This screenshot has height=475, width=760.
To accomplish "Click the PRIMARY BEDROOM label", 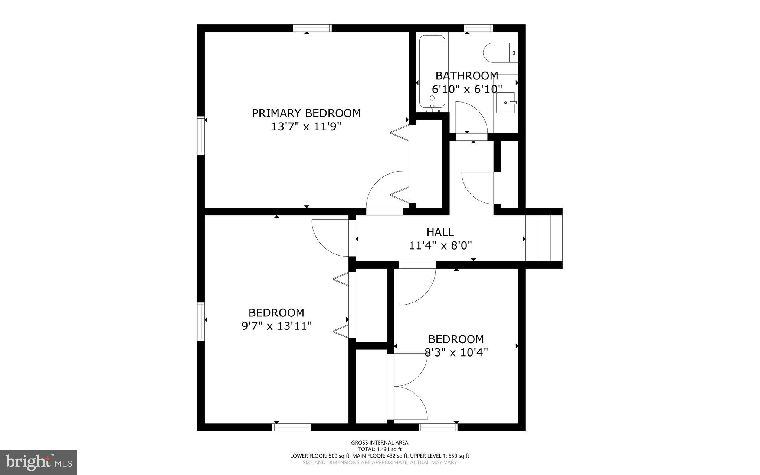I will tap(306, 113).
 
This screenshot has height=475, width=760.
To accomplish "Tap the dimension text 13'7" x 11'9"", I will tap(306, 127).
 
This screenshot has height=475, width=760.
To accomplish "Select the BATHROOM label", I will tap(466, 76).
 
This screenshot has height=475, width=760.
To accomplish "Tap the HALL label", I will tap(440, 232).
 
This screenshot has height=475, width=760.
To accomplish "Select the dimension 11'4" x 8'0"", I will tap(440, 245).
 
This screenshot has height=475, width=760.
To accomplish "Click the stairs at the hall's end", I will tap(544, 238).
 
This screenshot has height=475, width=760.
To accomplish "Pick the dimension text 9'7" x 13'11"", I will tap(276, 326).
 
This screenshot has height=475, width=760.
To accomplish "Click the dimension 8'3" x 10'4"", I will tap(456, 352).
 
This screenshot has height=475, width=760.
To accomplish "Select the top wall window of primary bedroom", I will tap(312, 28).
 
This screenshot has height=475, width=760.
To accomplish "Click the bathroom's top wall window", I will tap(479, 28).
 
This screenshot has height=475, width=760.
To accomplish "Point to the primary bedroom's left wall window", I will tap(201, 136).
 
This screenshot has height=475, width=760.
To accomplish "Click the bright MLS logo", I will tap(39, 462).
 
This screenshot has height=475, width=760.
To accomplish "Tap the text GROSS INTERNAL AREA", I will tap(380, 443).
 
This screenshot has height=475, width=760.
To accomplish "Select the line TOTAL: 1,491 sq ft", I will tap(380, 449).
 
